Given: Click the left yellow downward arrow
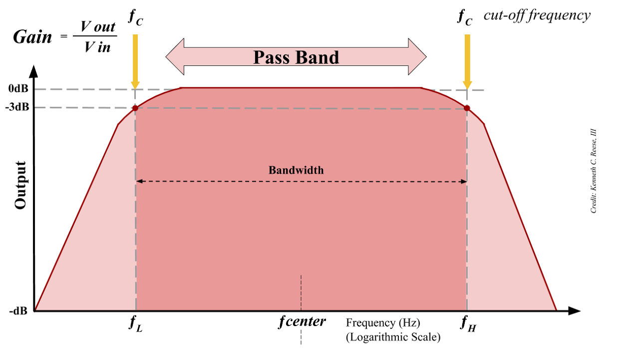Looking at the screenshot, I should pos(135,60).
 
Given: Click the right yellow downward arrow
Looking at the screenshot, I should pos(467,60).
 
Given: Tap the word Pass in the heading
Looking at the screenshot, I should pos(272,57).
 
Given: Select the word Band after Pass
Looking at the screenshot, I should pos(317,57).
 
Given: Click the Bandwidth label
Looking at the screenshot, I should pos(296,170).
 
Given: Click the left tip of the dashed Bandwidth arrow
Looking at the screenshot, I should pos(138,181).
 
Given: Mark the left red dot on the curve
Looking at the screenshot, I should pos(135,107).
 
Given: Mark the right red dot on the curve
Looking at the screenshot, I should pos(467,107).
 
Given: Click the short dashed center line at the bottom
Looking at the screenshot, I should pos(301,292).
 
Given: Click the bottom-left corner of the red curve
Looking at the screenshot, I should pos(35,309).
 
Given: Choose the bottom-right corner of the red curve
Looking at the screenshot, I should pos(556,309).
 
